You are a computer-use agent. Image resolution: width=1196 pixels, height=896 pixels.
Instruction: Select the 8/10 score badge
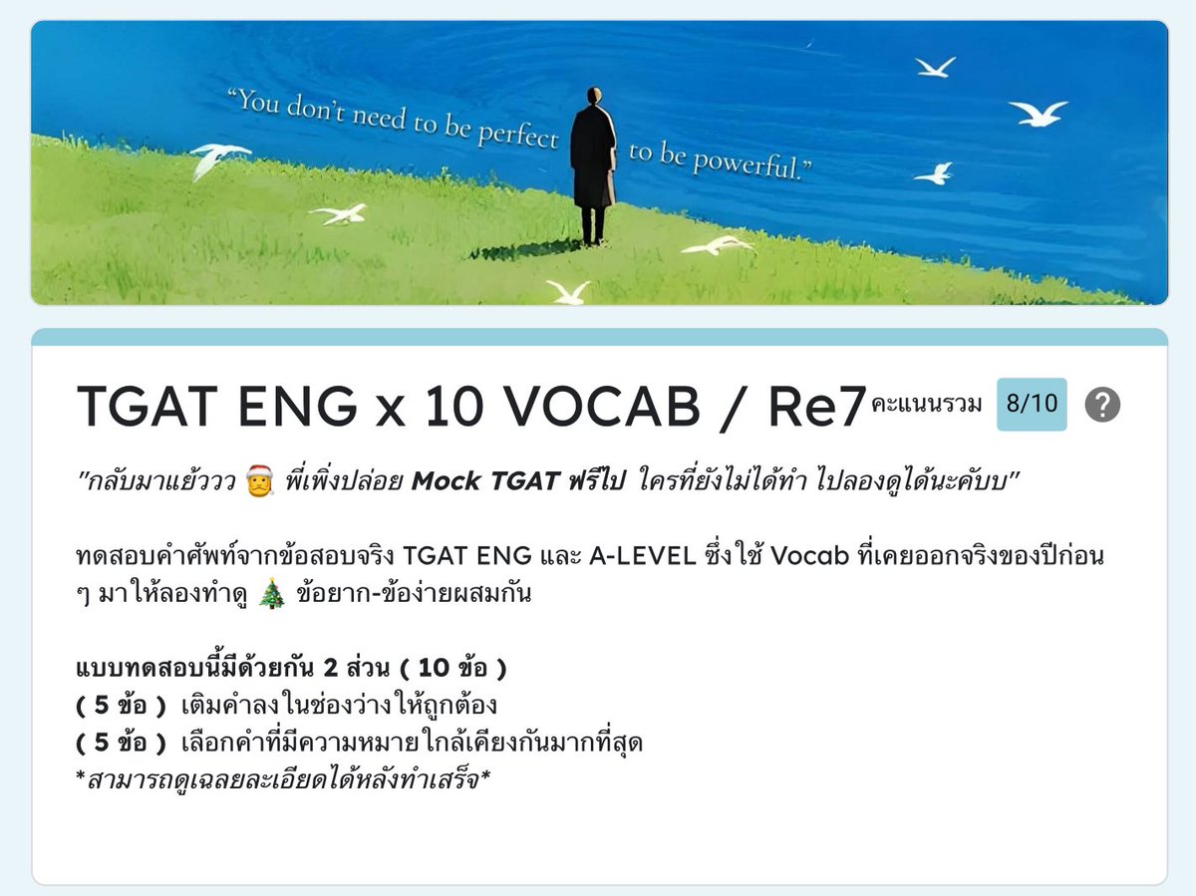[x=1032, y=405]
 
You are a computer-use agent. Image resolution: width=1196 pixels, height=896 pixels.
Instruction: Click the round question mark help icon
[x=1102, y=405]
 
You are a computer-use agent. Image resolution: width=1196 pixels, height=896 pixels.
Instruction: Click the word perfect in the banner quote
[x=517, y=135]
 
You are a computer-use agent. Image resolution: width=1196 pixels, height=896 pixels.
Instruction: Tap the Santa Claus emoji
[x=256, y=483]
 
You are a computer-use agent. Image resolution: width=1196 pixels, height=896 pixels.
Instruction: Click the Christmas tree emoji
[x=271, y=595]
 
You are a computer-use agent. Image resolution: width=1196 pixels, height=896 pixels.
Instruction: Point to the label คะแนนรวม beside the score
[x=926, y=405]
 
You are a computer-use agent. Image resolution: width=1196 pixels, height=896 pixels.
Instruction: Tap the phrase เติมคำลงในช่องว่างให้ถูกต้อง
[x=340, y=706]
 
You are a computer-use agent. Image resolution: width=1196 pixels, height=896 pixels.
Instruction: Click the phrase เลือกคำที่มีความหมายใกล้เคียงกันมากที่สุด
[x=412, y=743]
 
